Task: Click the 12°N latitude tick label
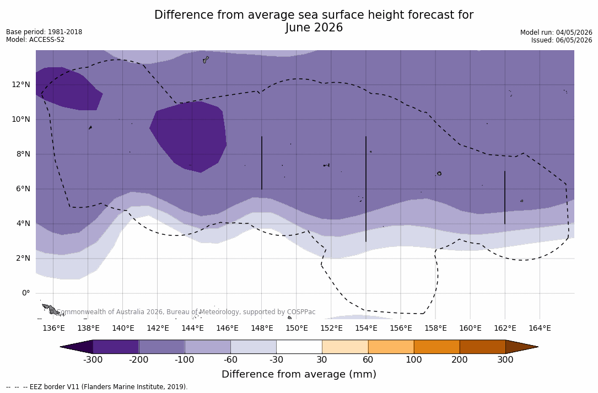click(x=21, y=84)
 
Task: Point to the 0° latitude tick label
click(x=26, y=293)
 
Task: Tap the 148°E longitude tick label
click(x=262, y=328)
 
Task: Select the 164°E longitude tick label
click(x=540, y=328)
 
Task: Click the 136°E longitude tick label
click(x=54, y=328)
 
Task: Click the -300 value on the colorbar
click(x=93, y=359)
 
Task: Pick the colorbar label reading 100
click(x=414, y=359)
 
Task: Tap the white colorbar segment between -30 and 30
click(x=299, y=347)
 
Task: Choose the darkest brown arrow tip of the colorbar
click(x=522, y=347)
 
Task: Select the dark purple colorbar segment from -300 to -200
click(x=116, y=347)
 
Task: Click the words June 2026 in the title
click(x=314, y=28)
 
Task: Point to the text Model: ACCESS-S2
click(x=35, y=39)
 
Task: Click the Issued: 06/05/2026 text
click(x=562, y=40)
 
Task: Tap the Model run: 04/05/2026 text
click(x=556, y=33)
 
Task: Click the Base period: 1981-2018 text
click(x=44, y=31)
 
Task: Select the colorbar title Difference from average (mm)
click(x=299, y=374)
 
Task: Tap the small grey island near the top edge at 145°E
click(x=206, y=60)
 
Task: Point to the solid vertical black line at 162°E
click(x=505, y=198)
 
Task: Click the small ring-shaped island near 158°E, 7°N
click(x=439, y=174)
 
